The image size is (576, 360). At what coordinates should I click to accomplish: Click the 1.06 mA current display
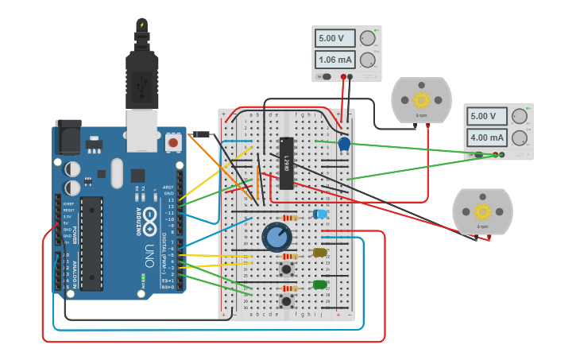334,60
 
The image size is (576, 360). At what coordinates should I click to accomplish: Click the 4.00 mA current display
487,137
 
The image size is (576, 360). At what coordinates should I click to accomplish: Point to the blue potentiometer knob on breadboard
276,236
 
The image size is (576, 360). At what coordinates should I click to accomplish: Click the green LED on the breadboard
319,285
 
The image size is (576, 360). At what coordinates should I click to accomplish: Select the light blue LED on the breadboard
320,214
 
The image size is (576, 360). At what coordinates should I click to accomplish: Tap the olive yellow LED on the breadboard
319,253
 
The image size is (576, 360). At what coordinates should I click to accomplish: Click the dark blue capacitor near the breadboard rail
344,144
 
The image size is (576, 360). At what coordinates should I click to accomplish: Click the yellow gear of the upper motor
421,100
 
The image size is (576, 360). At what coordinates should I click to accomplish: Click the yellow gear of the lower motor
482,211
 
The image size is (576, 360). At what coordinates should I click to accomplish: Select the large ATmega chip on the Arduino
91,242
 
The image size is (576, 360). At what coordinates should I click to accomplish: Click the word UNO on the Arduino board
149,255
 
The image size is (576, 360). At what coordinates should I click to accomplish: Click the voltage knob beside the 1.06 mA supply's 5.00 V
367,38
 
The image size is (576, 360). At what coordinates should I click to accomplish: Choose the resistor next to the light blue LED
291,217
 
